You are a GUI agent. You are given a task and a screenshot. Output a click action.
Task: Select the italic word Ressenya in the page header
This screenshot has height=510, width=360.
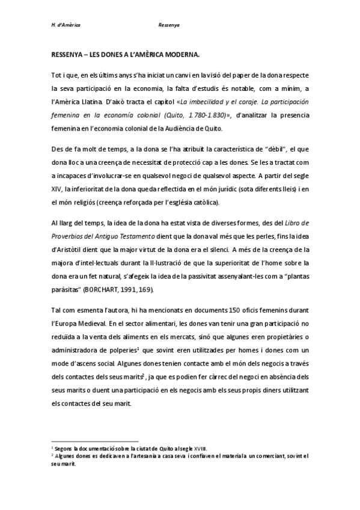pos(169,26)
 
